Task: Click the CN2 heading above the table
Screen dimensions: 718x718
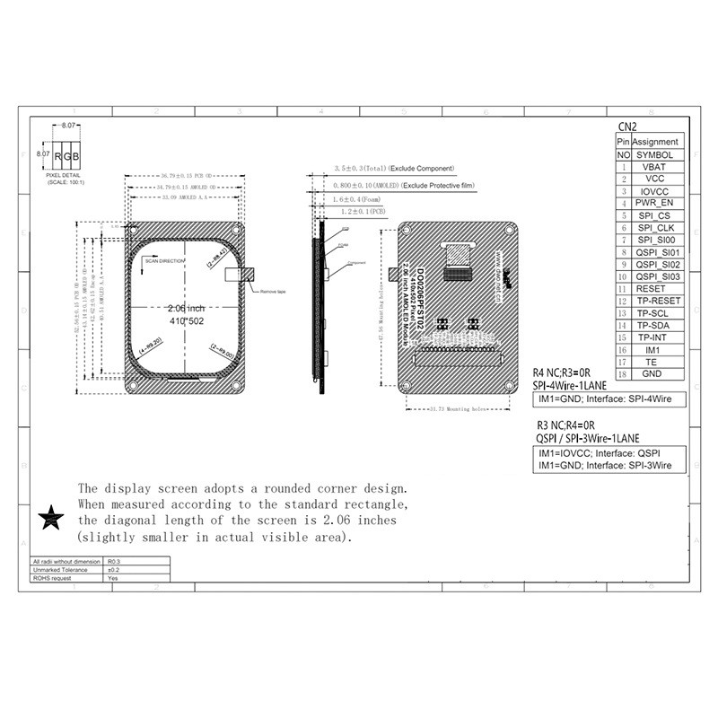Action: point(628,127)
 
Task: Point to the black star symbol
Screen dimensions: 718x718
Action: point(52,517)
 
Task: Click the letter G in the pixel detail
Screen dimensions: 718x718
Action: point(69,157)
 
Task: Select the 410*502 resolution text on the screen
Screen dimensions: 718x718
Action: point(187,320)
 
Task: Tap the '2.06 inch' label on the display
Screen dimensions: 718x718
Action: point(186,308)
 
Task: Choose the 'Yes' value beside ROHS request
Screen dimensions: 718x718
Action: point(113,579)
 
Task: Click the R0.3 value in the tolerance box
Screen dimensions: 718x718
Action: point(113,561)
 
